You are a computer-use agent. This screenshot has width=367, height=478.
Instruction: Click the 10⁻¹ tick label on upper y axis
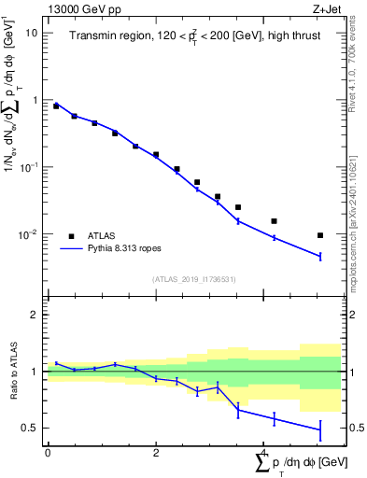(x=30, y=166)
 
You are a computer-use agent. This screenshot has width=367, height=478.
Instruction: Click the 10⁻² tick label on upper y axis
(x=30, y=234)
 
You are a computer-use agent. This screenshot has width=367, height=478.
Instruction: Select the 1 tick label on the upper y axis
(x=36, y=100)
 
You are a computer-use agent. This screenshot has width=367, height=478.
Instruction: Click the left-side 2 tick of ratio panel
(x=36, y=315)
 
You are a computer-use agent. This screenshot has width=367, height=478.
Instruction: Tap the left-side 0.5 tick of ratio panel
(x=32, y=428)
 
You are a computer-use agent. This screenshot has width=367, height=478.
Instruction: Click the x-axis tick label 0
(x=48, y=452)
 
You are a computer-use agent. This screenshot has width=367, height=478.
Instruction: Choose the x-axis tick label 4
(x=264, y=452)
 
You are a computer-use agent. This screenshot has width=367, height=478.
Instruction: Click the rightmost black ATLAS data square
(x=320, y=235)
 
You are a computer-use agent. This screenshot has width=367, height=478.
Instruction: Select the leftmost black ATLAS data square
(x=56, y=106)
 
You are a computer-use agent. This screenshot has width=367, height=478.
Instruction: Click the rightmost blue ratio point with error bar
(x=320, y=429)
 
